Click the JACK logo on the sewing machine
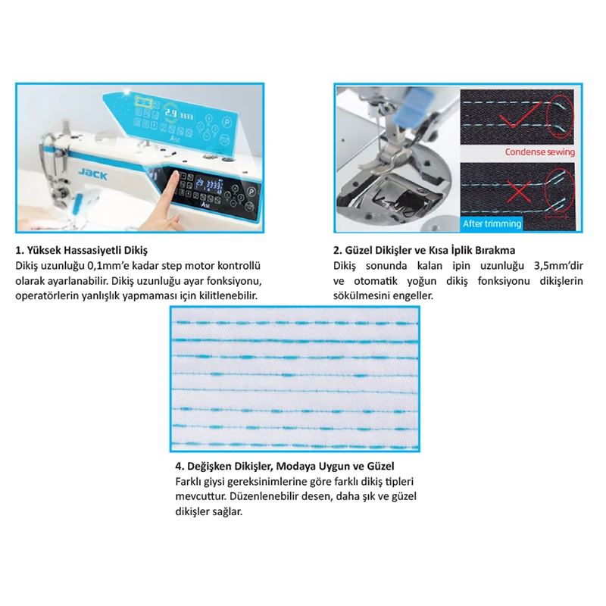(92, 174)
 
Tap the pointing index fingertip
(175, 175)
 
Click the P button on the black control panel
(251, 192)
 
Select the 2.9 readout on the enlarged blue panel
(171, 113)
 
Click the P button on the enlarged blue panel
(226, 122)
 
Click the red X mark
(519, 192)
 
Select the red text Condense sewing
(539, 152)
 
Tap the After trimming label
(492, 223)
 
